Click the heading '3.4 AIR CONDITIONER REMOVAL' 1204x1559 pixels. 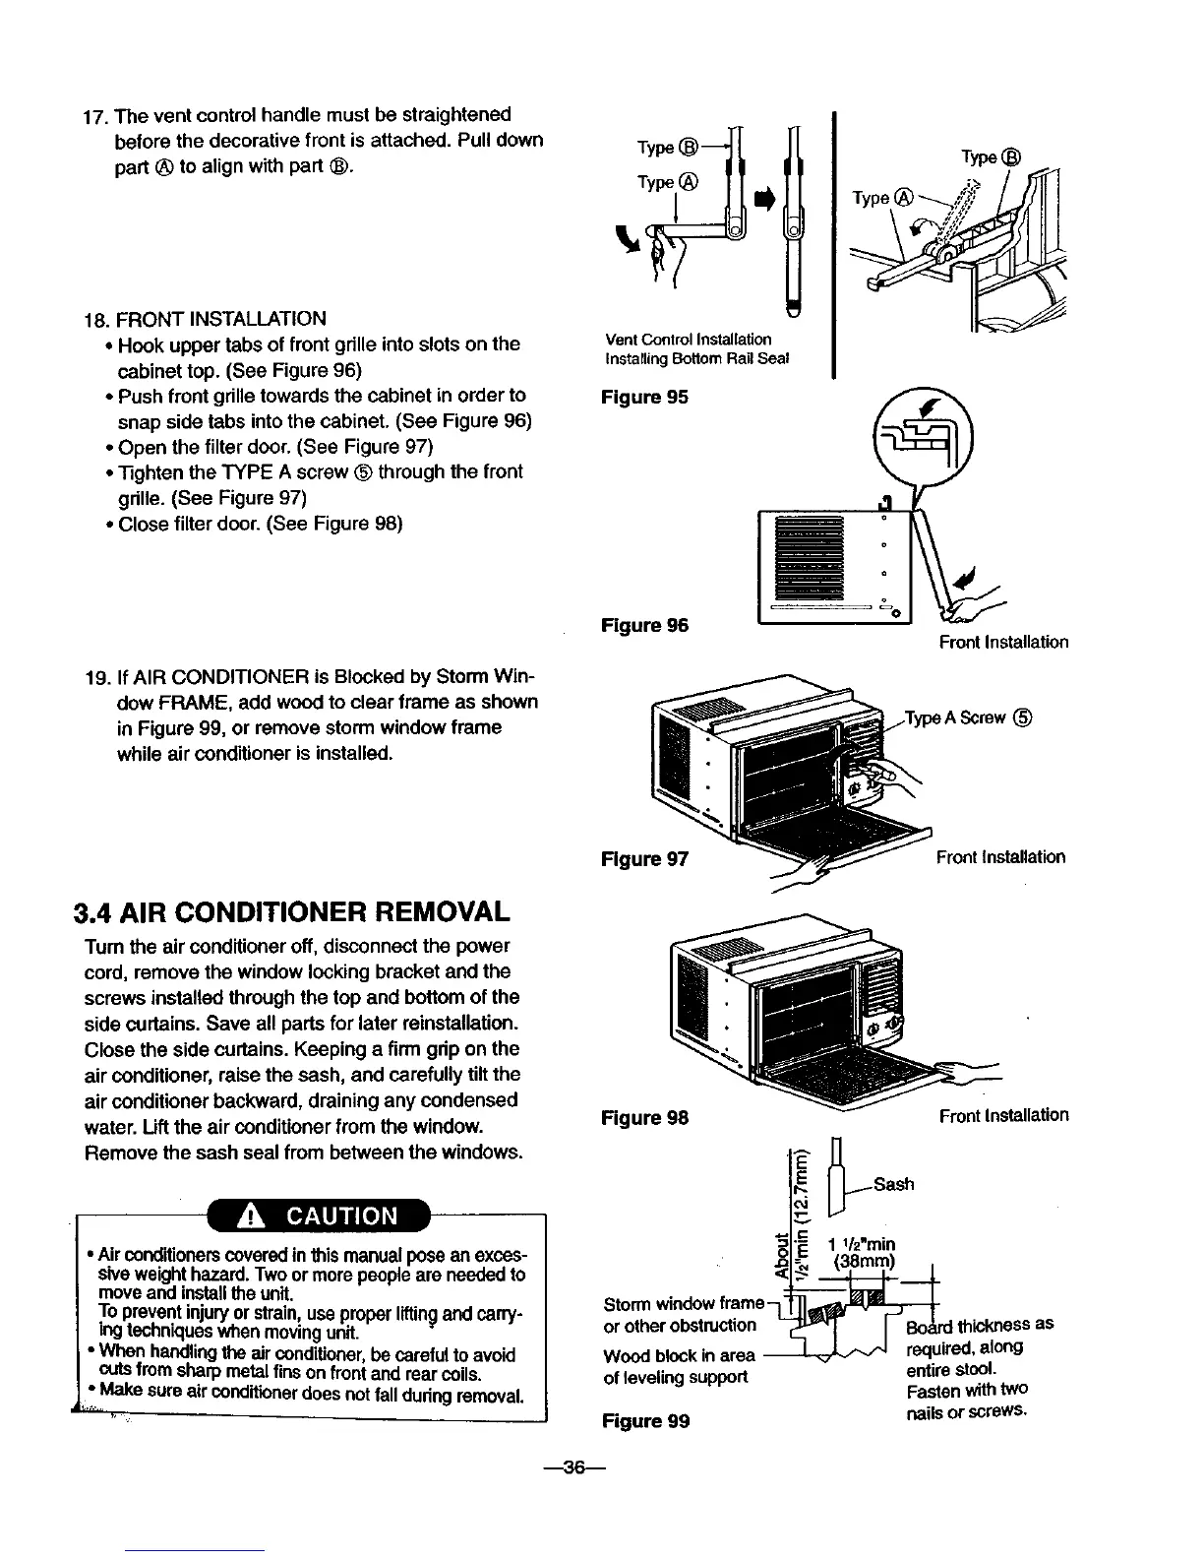click(291, 911)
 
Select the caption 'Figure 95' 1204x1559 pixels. click(644, 397)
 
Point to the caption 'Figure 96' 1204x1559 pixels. click(644, 625)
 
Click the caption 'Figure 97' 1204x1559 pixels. click(644, 859)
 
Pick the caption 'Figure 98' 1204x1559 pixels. click(644, 1117)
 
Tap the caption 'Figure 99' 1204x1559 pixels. click(644, 1420)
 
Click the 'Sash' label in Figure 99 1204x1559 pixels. click(893, 1183)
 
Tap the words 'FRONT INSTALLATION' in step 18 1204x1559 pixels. click(221, 319)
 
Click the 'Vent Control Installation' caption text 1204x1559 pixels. click(688, 340)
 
